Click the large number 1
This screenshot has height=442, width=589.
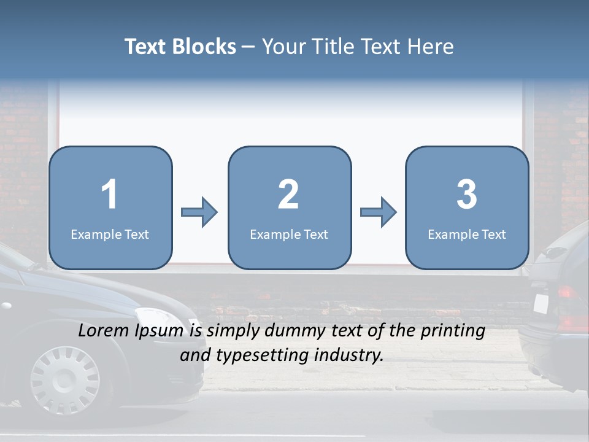click(x=110, y=195)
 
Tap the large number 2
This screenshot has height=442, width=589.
click(x=288, y=195)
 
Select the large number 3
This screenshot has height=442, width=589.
click(x=467, y=195)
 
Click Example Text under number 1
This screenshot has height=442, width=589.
click(x=110, y=234)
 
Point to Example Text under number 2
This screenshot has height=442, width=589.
click(x=289, y=234)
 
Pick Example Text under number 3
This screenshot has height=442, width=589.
click(x=467, y=234)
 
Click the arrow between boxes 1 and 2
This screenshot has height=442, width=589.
click(x=199, y=212)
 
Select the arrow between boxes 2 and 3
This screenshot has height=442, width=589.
click(x=379, y=212)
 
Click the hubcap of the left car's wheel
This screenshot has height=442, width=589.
click(x=65, y=379)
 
